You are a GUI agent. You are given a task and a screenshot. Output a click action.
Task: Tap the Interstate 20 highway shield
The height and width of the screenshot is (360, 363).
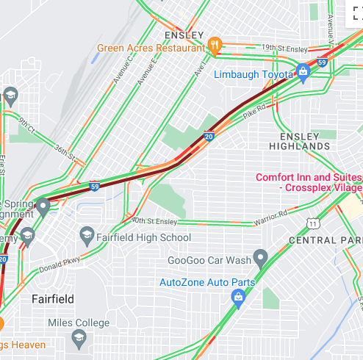coord(209,136)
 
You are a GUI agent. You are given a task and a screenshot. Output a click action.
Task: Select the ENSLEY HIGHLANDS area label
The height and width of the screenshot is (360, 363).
coord(305,141)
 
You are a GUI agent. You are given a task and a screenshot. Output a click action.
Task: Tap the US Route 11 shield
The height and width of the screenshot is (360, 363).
coord(313,223)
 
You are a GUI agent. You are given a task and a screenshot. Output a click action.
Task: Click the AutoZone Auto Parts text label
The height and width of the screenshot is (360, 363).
coord(207,282)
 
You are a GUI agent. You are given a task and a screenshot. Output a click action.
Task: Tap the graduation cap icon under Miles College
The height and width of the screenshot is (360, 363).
coord(79,338)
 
